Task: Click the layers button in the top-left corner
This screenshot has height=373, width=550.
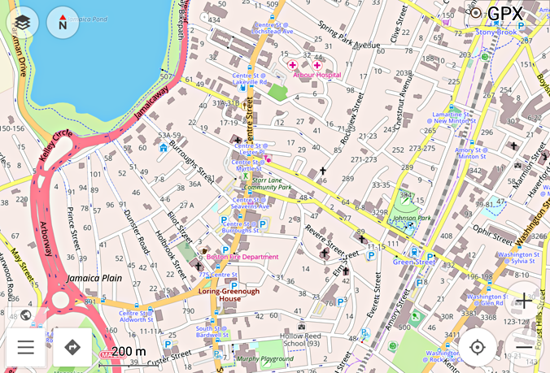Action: point(23,24)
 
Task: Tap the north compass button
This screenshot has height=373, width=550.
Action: point(63,24)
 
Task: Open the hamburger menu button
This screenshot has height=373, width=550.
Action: point(26,348)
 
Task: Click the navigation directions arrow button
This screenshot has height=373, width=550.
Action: point(72,348)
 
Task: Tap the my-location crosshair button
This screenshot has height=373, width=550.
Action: point(478,348)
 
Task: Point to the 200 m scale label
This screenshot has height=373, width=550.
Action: point(129,351)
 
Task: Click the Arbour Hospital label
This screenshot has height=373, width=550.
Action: point(316,75)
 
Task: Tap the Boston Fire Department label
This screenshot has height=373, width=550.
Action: point(242,257)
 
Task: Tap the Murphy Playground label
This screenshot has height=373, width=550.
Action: point(264,358)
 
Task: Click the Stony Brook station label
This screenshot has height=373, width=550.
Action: point(496,32)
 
